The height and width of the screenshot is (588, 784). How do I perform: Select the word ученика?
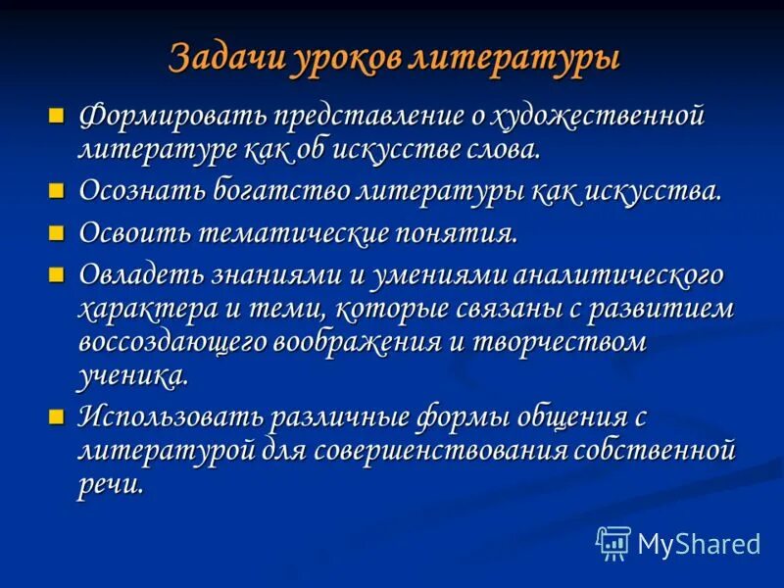(131, 375)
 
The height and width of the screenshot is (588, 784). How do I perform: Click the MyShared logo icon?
(613, 543)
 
